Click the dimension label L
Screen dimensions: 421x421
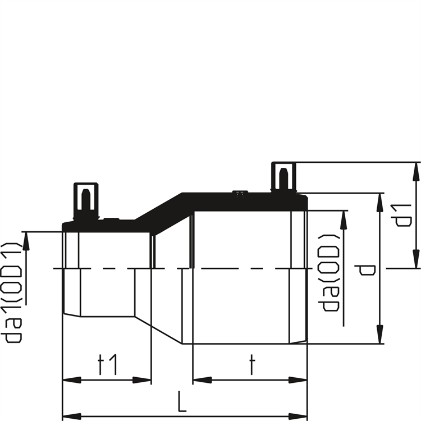(x=182, y=401)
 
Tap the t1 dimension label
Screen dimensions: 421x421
(x=107, y=365)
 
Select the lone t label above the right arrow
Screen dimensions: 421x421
(x=251, y=365)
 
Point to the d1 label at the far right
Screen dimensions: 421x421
(x=401, y=216)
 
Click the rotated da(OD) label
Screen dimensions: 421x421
(x=329, y=273)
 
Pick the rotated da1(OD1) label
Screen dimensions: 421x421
(x=11, y=292)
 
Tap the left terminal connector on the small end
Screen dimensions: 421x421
(x=86, y=200)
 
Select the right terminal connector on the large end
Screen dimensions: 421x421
(x=284, y=177)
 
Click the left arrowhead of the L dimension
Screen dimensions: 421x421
(x=71, y=417)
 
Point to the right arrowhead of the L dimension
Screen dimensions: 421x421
(x=298, y=417)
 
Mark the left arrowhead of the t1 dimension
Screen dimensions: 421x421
(x=71, y=380)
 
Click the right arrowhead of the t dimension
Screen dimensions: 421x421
(x=298, y=380)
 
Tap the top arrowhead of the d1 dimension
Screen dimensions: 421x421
(x=416, y=172)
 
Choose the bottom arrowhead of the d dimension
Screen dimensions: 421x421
(x=379, y=334)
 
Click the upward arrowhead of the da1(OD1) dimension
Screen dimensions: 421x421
(x=26, y=241)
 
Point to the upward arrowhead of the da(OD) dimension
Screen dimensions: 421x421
(x=344, y=220)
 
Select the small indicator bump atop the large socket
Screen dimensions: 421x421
(x=240, y=192)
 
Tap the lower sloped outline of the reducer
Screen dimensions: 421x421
(x=158, y=330)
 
